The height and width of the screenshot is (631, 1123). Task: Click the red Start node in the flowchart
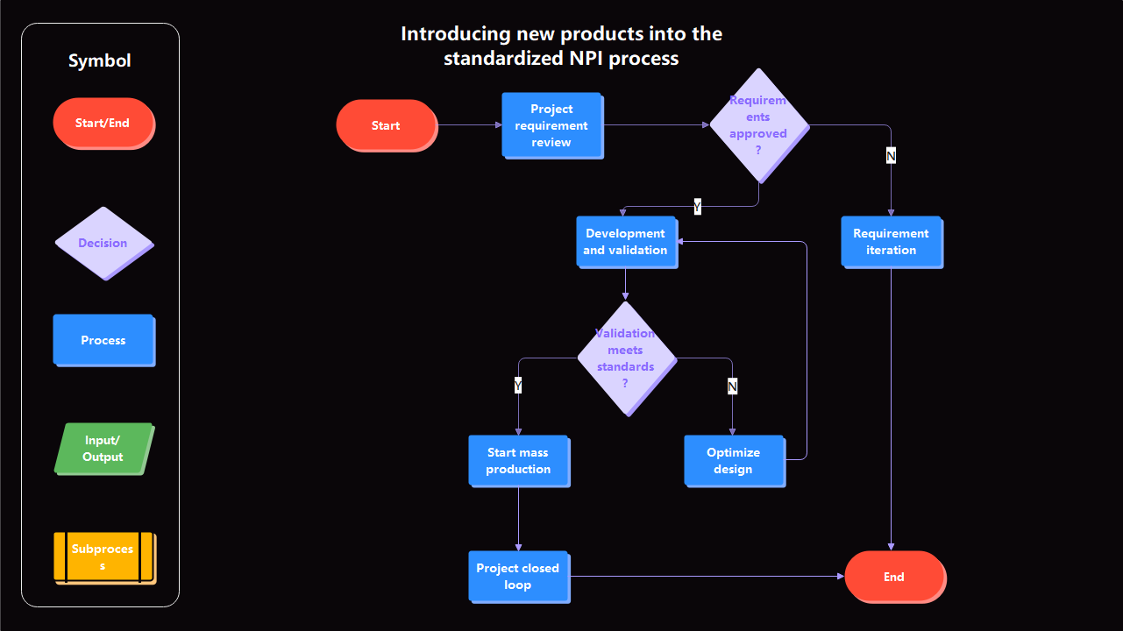point(386,125)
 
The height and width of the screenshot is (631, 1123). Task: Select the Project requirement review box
point(551,125)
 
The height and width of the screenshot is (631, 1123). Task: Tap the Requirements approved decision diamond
point(758,125)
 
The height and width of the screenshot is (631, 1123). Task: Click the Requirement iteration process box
point(891,242)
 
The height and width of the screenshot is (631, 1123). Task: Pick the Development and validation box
point(626,242)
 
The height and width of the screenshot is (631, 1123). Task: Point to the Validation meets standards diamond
point(626,358)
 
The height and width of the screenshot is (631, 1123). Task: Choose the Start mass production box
point(518,461)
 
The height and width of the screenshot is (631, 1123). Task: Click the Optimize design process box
point(734,461)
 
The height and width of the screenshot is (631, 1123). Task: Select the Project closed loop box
point(518,577)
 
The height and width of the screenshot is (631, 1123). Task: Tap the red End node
point(894,577)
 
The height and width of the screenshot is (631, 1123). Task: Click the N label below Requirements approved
point(891,156)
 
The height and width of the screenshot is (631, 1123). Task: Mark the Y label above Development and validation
point(697,207)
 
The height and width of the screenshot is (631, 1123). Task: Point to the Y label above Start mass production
point(518,386)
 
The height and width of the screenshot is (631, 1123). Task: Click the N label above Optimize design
point(732,386)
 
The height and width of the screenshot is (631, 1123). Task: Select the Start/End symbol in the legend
point(103,124)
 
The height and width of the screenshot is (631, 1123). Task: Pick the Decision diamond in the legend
point(103,243)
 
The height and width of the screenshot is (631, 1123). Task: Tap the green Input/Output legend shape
point(103,449)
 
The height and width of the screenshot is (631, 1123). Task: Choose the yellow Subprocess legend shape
point(103,557)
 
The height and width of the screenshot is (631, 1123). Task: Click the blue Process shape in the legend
point(103,340)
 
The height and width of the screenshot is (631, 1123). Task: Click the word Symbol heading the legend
point(100,60)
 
